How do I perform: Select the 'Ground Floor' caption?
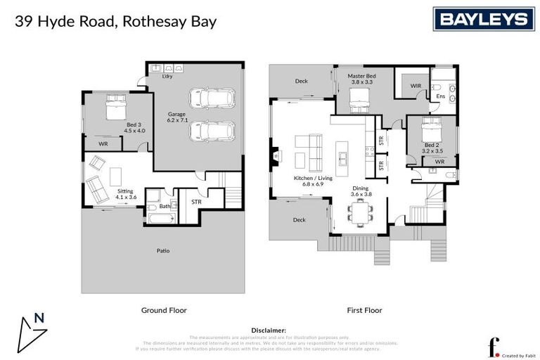164,309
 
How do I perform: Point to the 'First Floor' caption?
364,309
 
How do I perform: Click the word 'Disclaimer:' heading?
269,330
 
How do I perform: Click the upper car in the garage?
211,98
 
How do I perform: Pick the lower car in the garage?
211,131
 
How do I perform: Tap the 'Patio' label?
163,250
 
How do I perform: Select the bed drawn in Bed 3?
115,109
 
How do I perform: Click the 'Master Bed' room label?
363,75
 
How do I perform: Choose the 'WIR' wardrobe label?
416,86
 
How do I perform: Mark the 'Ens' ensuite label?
440,96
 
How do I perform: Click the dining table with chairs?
361,210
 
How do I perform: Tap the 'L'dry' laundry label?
167,77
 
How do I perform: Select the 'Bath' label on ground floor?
164,206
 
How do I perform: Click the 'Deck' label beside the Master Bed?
301,81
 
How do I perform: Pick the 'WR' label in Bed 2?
440,162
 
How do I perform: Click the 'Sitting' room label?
125,191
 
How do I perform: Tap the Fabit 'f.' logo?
494,346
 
